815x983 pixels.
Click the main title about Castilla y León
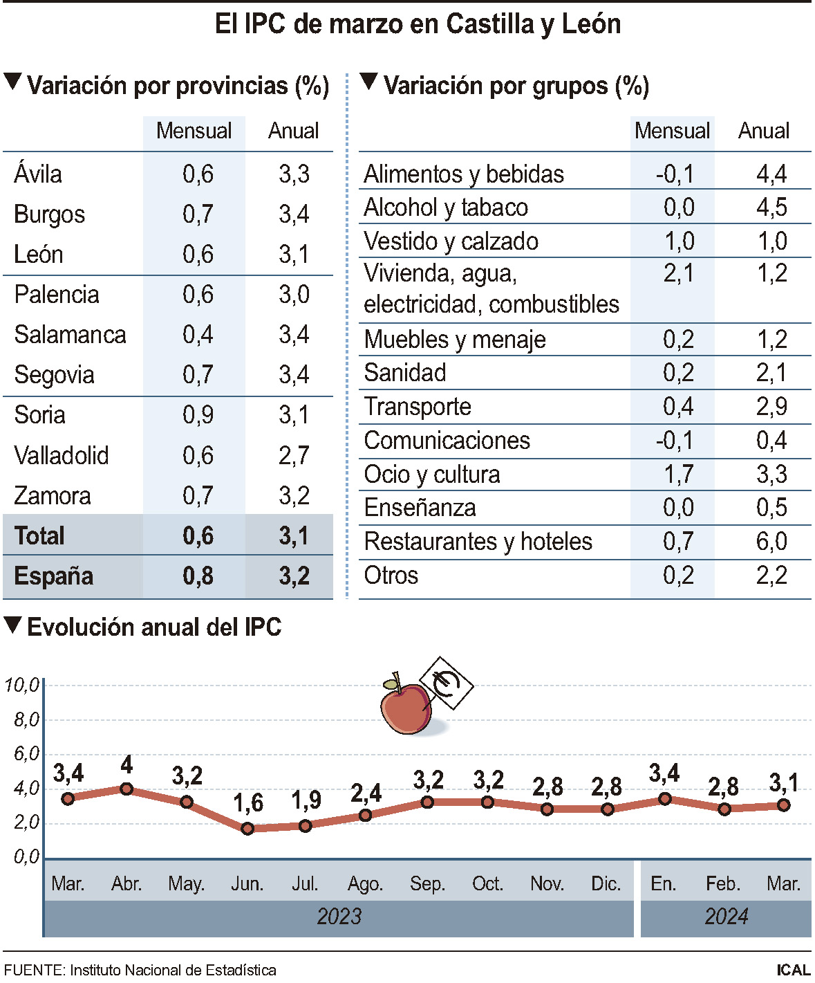(x=418, y=24)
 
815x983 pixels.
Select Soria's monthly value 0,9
(x=198, y=415)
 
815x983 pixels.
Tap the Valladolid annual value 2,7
(x=294, y=456)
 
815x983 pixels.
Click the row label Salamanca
(x=70, y=335)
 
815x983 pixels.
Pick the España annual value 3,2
(x=294, y=576)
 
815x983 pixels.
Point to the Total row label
(x=39, y=536)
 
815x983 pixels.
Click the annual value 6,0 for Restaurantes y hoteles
(x=771, y=542)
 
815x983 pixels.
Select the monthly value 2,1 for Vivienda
(x=678, y=274)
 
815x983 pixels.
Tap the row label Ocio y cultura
(x=431, y=475)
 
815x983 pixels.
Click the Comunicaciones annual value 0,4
(x=771, y=441)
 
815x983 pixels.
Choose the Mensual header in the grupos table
(x=672, y=131)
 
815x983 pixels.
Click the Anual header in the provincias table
(x=294, y=131)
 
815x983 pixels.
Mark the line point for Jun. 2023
(x=247, y=828)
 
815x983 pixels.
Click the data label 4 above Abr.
(x=127, y=765)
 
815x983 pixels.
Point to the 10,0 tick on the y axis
(x=21, y=685)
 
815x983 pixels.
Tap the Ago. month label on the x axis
(x=365, y=884)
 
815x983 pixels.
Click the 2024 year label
(x=726, y=917)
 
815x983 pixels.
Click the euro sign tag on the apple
(x=447, y=683)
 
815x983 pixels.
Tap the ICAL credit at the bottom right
(x=793, y=970)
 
